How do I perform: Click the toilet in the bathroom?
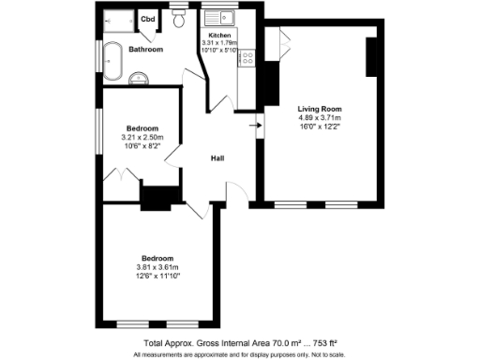178,20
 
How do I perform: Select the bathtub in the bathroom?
112,62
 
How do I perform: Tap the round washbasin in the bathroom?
139,77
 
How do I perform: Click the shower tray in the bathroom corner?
117,19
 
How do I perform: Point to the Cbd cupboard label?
148,19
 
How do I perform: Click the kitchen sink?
225,18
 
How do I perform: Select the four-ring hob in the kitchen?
248,60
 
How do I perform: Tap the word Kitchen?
219,35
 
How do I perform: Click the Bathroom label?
146,49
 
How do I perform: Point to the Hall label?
217,158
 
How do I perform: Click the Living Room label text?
319,109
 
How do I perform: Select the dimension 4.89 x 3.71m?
319,119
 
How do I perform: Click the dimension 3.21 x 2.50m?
142,138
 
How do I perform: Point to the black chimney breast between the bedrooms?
159,198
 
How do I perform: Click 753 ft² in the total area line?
324,343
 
